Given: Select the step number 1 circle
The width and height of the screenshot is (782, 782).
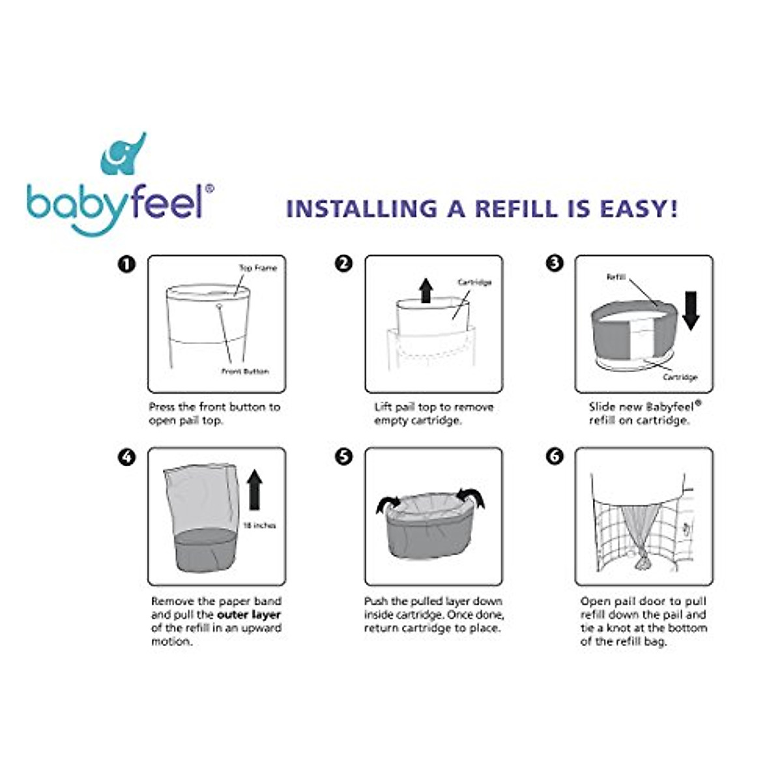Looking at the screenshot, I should point(126,264).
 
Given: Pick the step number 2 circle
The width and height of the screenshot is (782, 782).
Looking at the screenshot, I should point(343,264).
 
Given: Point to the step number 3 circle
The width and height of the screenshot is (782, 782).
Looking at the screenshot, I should point(554,264).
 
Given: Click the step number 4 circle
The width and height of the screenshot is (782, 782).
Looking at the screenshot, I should point(126,457).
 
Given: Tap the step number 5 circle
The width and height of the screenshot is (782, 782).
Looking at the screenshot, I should point(343,457).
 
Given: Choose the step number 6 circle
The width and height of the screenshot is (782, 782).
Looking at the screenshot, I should point(554,457).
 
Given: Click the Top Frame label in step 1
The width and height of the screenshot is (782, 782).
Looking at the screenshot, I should point(257,268).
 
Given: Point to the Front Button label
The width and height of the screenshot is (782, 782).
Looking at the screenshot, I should point(245,371).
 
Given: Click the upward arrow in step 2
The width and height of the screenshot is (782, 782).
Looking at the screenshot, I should point(426,290).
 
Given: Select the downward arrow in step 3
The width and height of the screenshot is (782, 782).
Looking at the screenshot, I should point(690,310).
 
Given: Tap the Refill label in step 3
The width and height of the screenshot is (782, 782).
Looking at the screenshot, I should point(616,277).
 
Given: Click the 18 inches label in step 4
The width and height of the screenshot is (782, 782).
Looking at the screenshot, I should point(259,525).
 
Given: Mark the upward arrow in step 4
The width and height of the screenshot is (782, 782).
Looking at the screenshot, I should point(255,490).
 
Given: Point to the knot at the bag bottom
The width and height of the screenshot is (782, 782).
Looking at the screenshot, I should point(644,560).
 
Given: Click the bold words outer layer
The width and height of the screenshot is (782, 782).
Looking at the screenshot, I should point(249,615).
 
